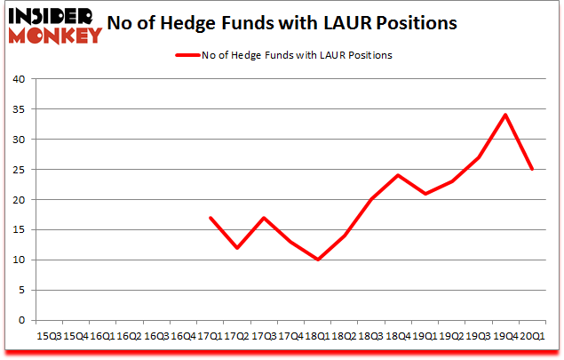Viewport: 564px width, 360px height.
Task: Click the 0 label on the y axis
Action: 22,321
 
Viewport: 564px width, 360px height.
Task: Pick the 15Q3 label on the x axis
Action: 49,336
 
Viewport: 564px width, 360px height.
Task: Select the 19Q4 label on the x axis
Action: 505,336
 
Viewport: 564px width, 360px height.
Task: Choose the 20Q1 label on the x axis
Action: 531,336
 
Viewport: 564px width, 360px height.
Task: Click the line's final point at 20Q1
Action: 531,169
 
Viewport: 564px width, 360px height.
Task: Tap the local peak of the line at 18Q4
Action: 399,175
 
